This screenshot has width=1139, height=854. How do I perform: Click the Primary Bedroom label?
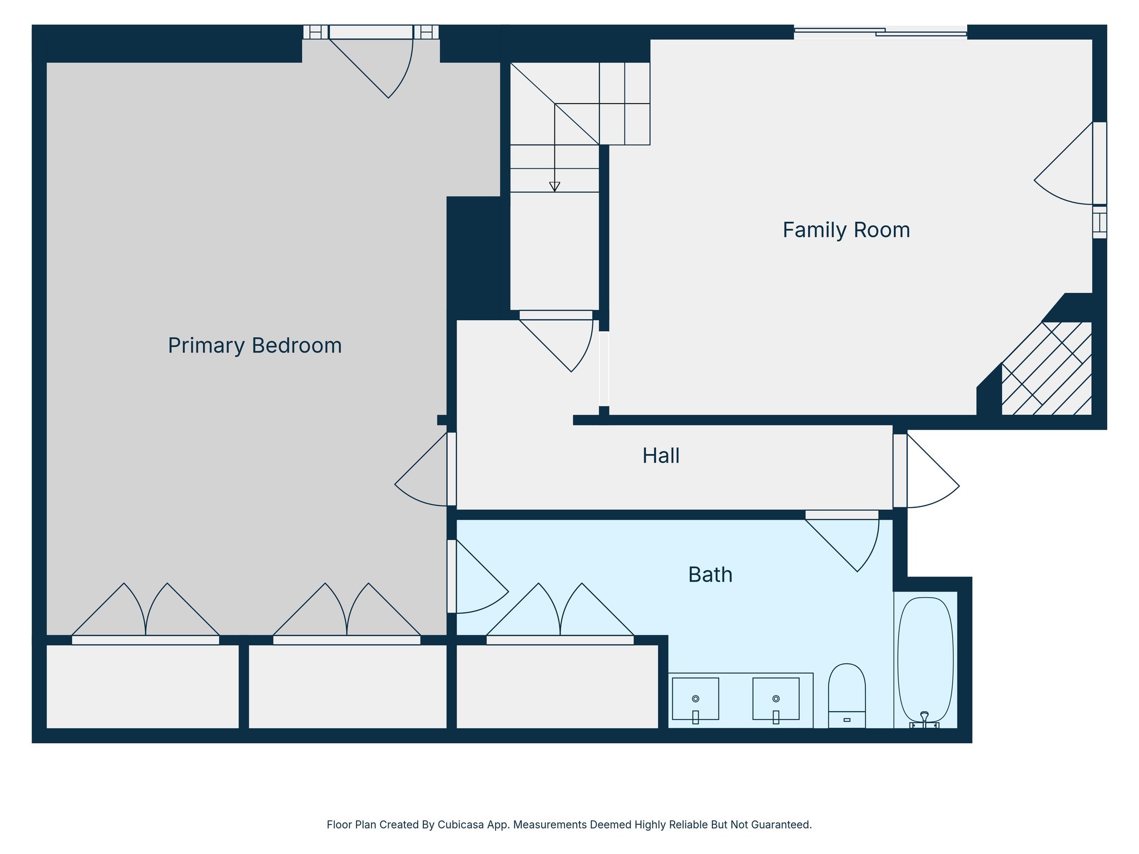click(x=255, y=346)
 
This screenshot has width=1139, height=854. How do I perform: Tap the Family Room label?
click(x=846, y=230)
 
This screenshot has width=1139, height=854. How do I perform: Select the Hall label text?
click(x=661, y=456)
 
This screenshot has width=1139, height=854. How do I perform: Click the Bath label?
click(x=710, y=575)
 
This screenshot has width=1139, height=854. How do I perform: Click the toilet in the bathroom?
click(x=846, y=695)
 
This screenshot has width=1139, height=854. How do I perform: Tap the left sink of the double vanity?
click(x=695, y=699)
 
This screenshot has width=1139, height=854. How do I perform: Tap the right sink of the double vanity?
click(x=776, y=699)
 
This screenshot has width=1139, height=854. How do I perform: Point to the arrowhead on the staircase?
click(x=554, y=187)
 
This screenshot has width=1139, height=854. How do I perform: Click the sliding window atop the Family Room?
click(x=880, y=32)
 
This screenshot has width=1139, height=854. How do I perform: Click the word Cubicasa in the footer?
click(x=459, y=825)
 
